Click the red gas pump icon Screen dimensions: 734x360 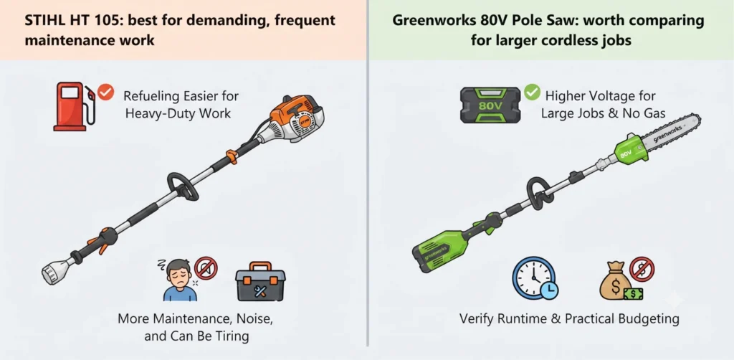point(72,106)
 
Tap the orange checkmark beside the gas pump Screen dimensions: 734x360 point(107,93)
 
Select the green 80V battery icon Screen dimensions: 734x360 point(490,105)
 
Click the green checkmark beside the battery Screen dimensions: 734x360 point(532,93)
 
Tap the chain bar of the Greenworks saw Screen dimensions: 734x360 point(670,134)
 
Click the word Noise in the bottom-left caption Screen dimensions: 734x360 point(247,320)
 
